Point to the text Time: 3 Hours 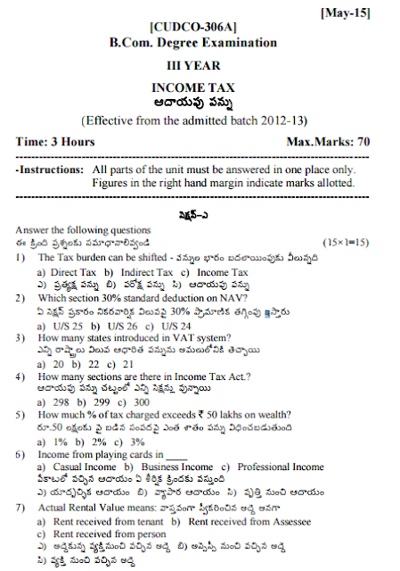tap(55, 142)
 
